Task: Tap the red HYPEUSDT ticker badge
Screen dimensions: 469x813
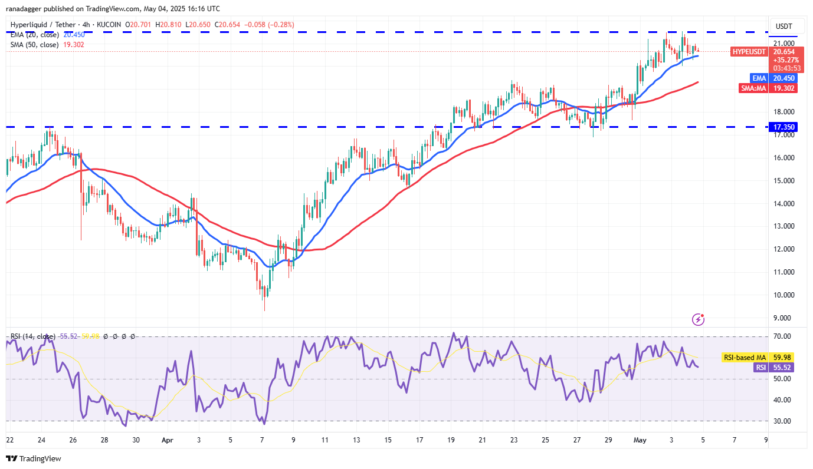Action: [749, 52]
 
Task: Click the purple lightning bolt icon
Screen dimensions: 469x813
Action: [699, 319]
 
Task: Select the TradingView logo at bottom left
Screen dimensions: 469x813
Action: [34, 458]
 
